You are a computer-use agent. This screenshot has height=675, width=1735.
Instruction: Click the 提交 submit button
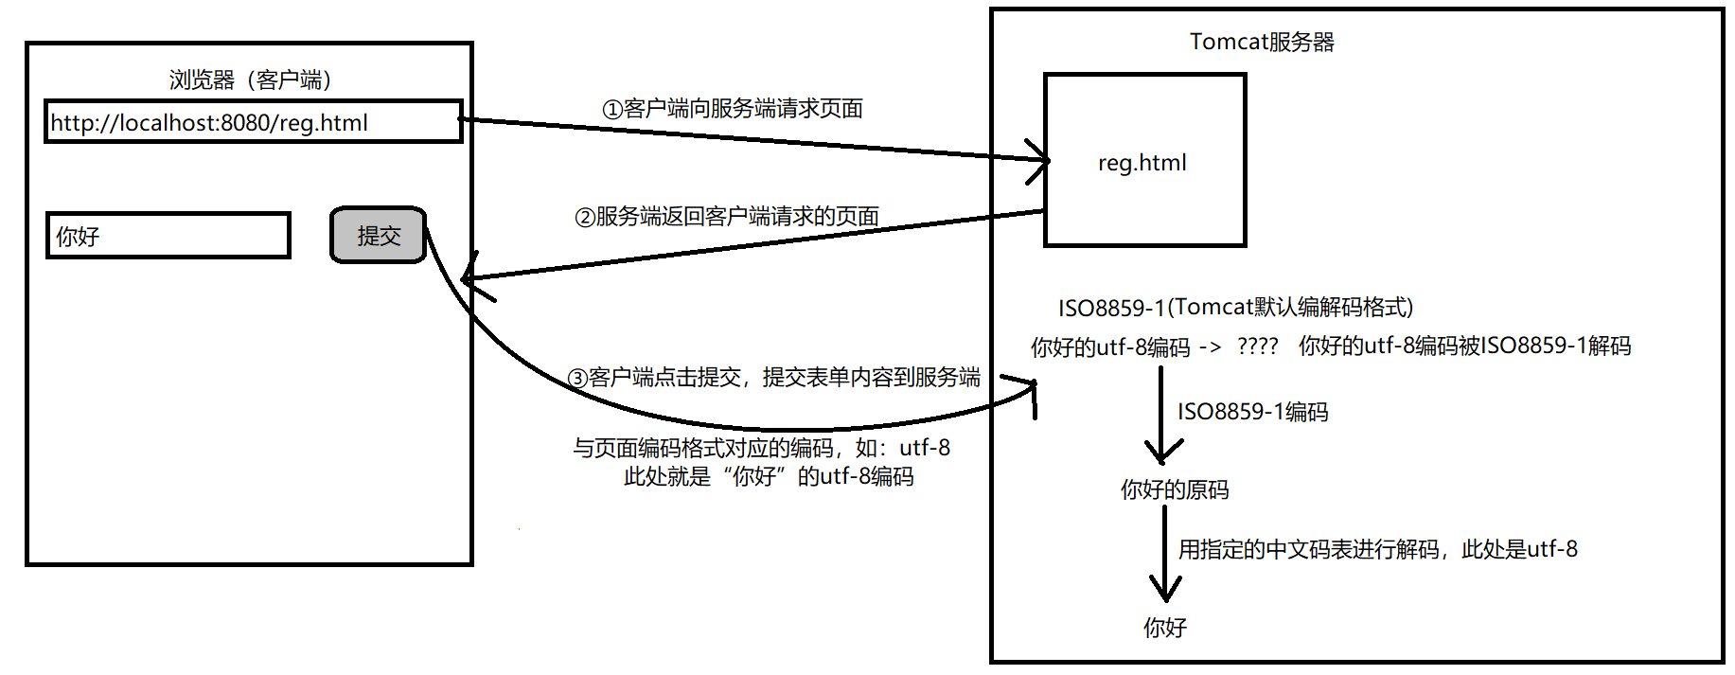point(379,235)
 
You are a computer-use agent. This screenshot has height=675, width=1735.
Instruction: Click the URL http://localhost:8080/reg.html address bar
point(253,122)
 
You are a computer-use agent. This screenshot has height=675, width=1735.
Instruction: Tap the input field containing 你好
point(168,236)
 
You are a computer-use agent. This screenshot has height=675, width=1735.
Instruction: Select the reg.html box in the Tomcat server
point(1143,161)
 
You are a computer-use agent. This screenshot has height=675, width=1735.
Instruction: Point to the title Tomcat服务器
point(1261,42)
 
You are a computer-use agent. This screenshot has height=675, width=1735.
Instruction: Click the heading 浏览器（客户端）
point(250,80)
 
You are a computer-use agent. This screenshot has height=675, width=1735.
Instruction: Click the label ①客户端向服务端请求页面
point(733,109)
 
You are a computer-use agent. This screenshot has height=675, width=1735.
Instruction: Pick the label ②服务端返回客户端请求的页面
point(727,217)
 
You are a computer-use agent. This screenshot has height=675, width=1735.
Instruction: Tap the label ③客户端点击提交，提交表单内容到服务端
point(773,378)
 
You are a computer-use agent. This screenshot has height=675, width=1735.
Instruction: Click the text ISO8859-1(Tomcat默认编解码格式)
point(1235,307)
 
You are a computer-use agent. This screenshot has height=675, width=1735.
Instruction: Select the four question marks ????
point(1257,346)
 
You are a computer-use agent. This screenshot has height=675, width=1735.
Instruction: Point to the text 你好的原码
point(1175,489)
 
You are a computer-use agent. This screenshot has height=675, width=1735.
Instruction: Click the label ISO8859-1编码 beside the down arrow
point(1252,412)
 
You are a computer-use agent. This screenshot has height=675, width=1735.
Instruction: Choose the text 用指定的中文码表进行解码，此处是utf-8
point(1377,549)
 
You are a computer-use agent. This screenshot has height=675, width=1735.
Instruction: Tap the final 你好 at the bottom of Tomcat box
point(1164,628)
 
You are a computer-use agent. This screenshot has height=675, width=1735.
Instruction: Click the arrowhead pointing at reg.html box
point(1041,159)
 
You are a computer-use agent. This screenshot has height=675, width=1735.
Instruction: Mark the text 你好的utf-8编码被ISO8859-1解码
point(1464,346)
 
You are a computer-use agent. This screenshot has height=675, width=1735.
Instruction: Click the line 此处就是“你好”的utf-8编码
point(769,476)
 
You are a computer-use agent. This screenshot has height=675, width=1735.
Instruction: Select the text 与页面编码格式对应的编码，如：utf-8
point(761,447)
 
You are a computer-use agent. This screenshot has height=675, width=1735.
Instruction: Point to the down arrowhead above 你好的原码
point(1162,450)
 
